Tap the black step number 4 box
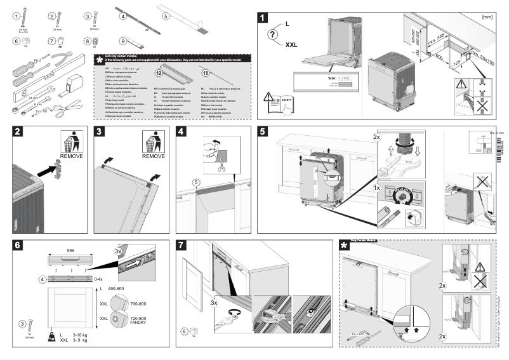pyautogui.click(x=182, y=132)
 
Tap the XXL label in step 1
pyautogui.click(x=291, y=45)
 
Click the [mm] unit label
pyautogui.click(x=487, y=16)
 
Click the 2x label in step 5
pyautogui.click(x=377, y=137)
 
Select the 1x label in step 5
pyautogui.click(x=377, y=189)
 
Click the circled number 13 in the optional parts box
pyautogui.click(x=204, y=72)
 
